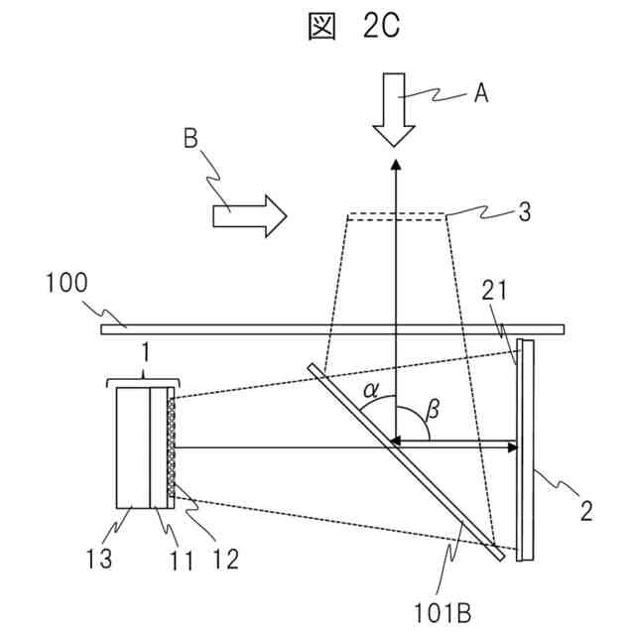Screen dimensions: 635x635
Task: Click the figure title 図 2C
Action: coord(353,27)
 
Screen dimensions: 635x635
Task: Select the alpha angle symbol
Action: coord(371,390)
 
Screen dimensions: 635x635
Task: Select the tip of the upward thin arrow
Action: coord(395,161)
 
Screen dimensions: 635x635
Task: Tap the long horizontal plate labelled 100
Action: coord(332,328)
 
